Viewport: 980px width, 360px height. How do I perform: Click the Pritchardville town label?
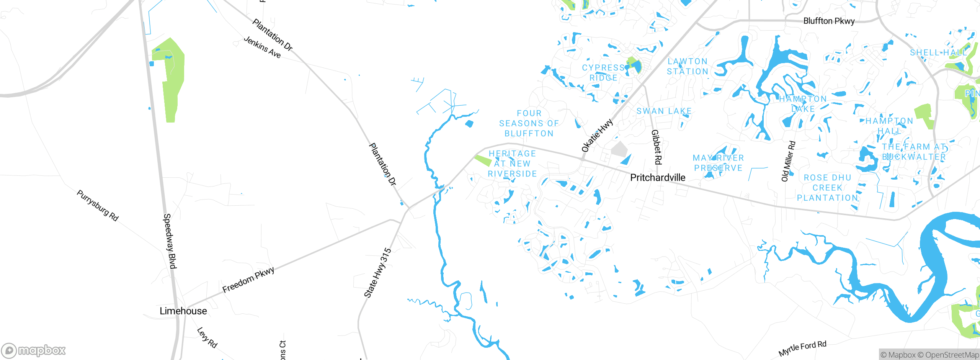pos(658,177)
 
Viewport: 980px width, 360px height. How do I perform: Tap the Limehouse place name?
pos(183,311)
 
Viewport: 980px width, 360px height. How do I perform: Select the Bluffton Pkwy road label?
pos(829,21)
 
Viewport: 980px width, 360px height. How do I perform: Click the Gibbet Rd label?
pos(657,147)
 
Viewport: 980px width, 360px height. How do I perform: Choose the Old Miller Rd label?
pos(788,161)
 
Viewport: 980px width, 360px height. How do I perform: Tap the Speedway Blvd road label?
pos(170,241)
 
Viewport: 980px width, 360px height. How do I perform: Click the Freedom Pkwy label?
pos(248,280)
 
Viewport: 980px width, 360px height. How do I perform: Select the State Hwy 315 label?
pos(377,273)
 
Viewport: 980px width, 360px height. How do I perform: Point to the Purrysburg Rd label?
pos(98,206)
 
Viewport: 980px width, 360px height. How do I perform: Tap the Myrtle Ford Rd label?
pos(802,348)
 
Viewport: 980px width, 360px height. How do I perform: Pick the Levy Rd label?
pos(207,337)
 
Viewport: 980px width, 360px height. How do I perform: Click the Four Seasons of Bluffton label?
pos(529,123)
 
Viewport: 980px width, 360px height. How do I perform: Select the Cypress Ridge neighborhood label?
pos(603,73)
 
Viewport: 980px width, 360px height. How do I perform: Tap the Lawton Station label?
pos(688,66)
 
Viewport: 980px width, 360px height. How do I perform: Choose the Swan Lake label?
pos(664,111)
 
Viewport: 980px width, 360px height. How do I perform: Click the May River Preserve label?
pos(719,163)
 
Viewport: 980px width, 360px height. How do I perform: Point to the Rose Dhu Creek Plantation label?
pos(827,188)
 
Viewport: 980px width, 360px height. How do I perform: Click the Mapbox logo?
pos(34,350)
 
